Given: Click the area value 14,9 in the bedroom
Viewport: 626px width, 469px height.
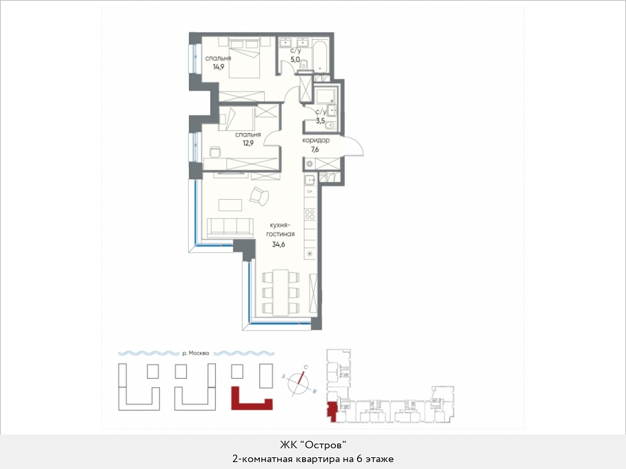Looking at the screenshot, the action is pyautogui.click(x=219, y=67).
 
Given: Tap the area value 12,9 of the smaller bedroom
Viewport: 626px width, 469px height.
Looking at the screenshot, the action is pyautogui.click(x=248, y=143).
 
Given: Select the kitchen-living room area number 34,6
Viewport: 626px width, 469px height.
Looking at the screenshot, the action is pyautogui.click(x=279, y=245).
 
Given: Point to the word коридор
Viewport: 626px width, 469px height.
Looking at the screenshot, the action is pyautogui.click(x=316, y=140).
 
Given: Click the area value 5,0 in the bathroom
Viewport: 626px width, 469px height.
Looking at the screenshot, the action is pyautogui.click(x=295, y=60).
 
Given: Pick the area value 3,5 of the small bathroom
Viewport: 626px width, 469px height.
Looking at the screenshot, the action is pyautogui.click(x=321, y=121).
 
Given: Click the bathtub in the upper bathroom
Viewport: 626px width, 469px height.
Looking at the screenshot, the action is pyautogui.click(x=319, y=55).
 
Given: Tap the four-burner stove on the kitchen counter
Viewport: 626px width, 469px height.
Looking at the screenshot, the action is pyautogui.click(x=310, y=215).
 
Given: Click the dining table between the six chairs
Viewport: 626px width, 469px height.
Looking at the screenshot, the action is pyautogui.click(x=281, y=292).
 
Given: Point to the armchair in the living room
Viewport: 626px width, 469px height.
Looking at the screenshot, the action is pyautogui.click(x=259, y=196).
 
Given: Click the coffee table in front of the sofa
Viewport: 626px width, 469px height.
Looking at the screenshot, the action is pyautogui.click(x=230, y=205).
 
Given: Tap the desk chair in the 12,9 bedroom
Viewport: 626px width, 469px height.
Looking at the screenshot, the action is pyautogui.click(x=215, y=152).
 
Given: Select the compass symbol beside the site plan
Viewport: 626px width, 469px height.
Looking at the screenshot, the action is pyautogui.click(x=299, y=382).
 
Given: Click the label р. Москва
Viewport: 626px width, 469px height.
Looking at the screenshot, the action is pyautogui.click(x=196, y=353).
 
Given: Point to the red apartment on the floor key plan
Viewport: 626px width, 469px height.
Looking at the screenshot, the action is pyautogui.click(x=332, y=410).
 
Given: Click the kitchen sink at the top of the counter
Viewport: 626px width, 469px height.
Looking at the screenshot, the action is pyautogui.click(x=310, y=180).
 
